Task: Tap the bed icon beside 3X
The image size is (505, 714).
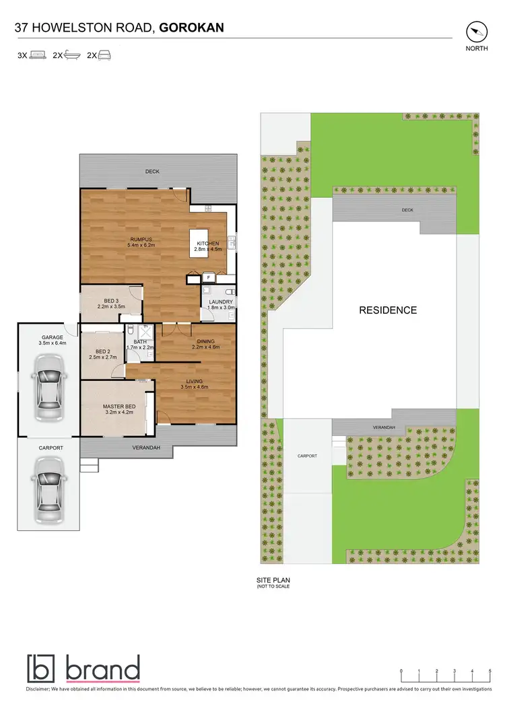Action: pos(38,56)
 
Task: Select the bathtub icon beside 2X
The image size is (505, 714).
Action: pos(73,56)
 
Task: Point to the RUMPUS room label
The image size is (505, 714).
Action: pos(141,240)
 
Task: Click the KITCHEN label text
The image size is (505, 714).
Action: pos(207,243)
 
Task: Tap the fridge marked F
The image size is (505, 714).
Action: pos(209,277)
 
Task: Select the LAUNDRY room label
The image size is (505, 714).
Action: pos(220,302)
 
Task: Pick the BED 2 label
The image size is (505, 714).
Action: pos(102,351)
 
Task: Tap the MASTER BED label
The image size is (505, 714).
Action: pos(119,406)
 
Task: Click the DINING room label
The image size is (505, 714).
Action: pos(205,342)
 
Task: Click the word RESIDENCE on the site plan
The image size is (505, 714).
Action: pos(387,310)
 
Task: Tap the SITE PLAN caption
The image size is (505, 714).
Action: pos(273,579)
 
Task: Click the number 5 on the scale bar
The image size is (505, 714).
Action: pos(490,671)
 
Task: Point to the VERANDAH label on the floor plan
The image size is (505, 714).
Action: pos(145,448)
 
